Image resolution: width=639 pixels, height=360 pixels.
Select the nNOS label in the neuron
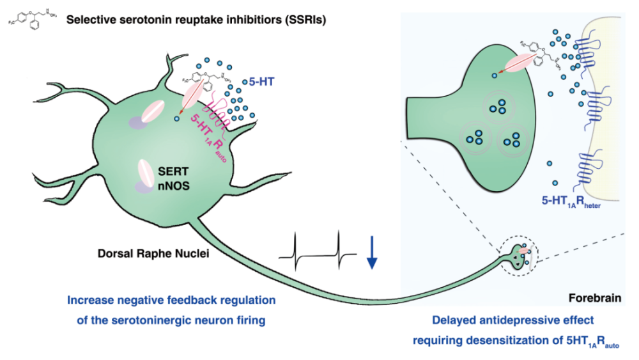pos(173,186)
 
